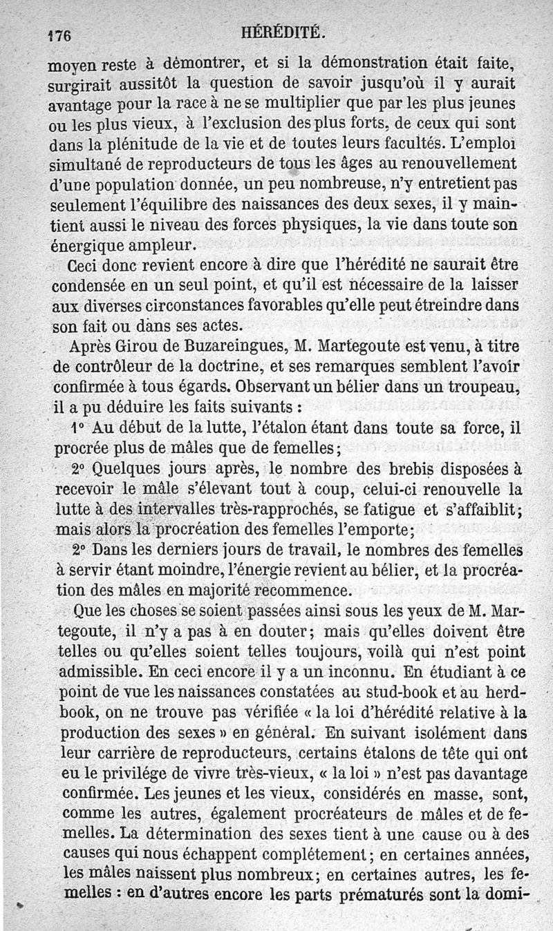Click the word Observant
tap(271, 385)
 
